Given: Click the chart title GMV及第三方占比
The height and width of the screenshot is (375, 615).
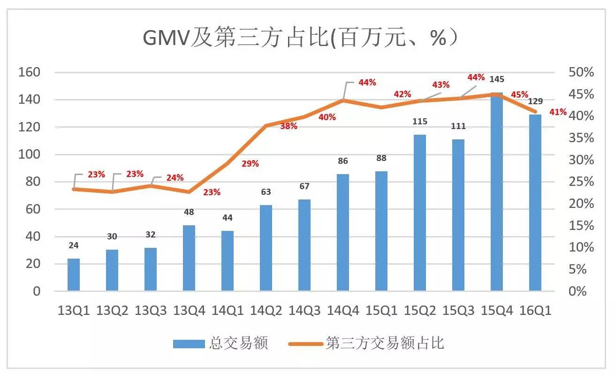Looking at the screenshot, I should [x=300, y=38].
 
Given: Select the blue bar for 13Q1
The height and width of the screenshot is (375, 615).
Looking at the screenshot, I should [x=74, y=275].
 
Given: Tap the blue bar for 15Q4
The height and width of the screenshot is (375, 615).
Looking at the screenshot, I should [x=497, y=192].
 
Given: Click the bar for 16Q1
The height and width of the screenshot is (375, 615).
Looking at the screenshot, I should [x=535, y=203].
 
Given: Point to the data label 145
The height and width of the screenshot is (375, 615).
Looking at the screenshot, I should [x=497, y=79].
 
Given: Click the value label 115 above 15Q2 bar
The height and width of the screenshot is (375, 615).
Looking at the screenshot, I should [x=420, y=122].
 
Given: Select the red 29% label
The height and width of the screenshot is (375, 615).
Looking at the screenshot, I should [x=250, y=164].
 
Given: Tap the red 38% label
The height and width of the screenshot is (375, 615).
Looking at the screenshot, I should [x=289, y=126].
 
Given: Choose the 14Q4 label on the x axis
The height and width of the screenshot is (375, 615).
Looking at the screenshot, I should [x=343, y=311].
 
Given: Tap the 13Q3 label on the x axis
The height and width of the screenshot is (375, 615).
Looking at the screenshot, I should [x=151, y=311].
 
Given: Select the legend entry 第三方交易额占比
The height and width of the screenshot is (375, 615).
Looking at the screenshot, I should [x=385, y=344].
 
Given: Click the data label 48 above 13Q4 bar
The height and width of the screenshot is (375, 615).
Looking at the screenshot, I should [x=189, y=212].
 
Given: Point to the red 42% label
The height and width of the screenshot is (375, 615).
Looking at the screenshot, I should [x=402, y=94].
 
